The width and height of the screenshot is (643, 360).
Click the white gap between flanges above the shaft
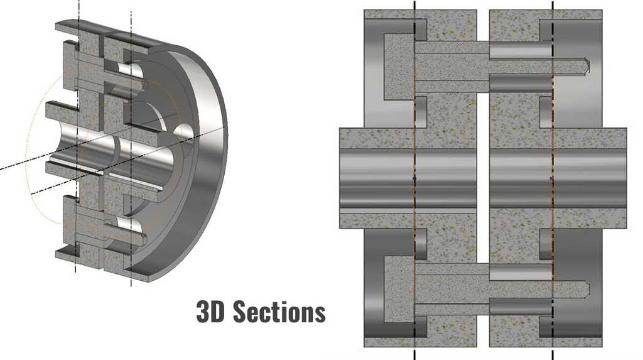click(484, 88)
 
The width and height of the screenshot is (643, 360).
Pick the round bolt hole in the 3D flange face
click(183, 133)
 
